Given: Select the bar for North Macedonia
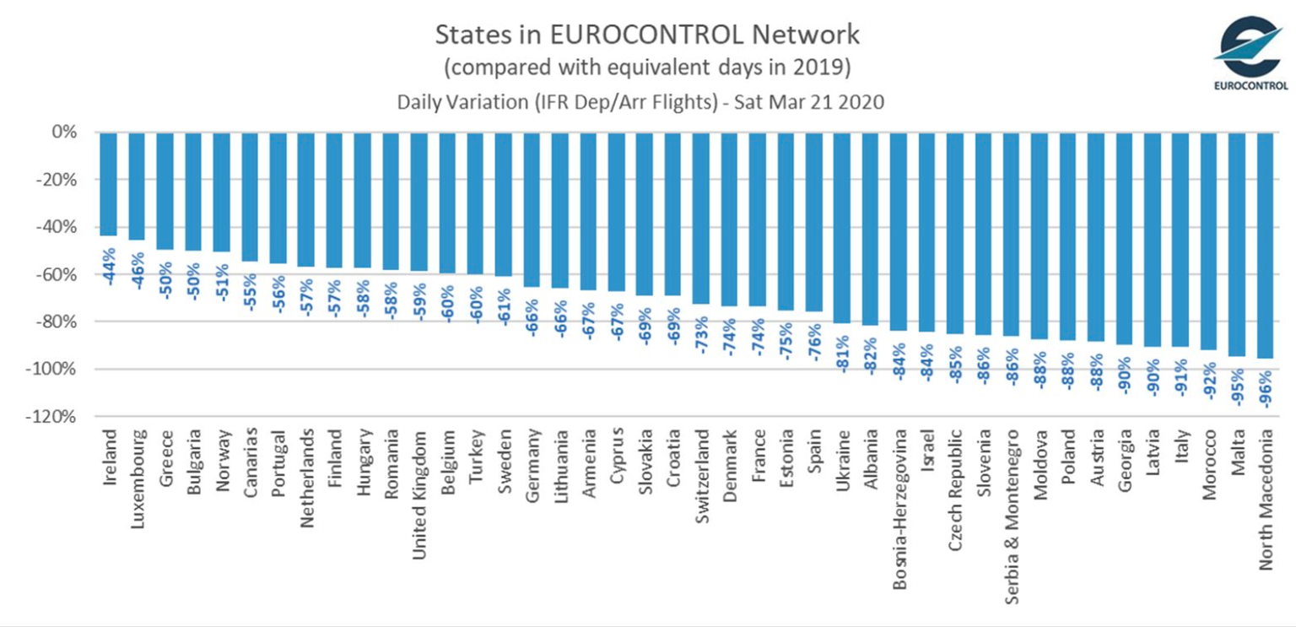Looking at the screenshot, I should click(x=1266, y=245).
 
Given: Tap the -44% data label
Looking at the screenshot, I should click(x=109, y=267).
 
